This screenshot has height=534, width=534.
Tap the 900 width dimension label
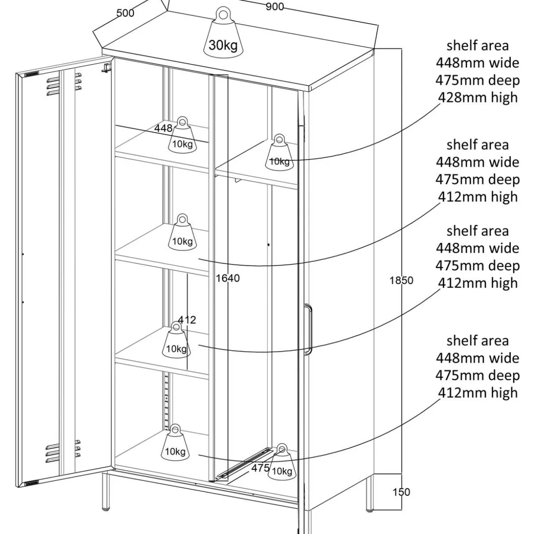pyautogui.click(x=275, y=6)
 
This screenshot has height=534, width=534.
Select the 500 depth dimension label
pyautogui.click(x=125, y=13)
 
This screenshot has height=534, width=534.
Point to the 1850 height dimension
pyautogui.click(x=401, y=280)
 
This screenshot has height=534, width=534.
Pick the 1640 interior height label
pyautogui.click(x=228, y=278)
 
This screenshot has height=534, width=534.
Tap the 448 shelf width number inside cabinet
pyautogui.click(x=163, y=128)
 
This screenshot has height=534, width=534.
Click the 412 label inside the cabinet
pyautogui.click(x=187, y=320)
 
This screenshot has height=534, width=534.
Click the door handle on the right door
pyautogui.click(x=308, y=329)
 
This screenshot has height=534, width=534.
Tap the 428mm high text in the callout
pyautogui.click(x=478, y=98)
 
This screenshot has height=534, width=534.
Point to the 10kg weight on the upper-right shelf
pyautogui.click(x=279, y=153)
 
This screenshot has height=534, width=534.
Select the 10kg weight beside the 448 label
pyautogui.click(x=182, y=135)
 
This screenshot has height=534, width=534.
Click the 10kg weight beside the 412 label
pyautogui.click(x=176, y=340)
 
